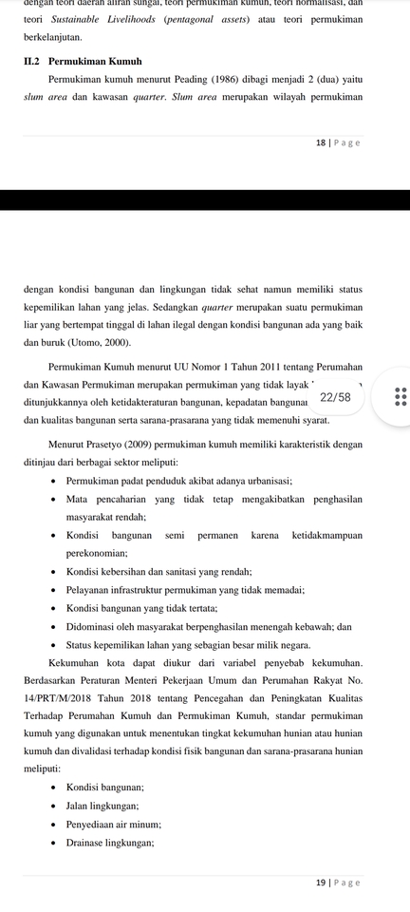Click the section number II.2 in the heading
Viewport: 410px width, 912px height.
(x=31, y=61)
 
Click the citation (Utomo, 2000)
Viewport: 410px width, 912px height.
(x=98, y=341)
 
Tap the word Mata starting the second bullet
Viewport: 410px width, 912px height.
(x=77, y=499)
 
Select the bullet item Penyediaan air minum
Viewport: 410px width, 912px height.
(x=114, y=824)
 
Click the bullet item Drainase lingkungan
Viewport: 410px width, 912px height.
(x=110, y=842)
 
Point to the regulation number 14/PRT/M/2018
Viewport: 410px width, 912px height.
(x=60, y=697)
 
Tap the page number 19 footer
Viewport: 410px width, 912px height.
(x=320, y=883)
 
